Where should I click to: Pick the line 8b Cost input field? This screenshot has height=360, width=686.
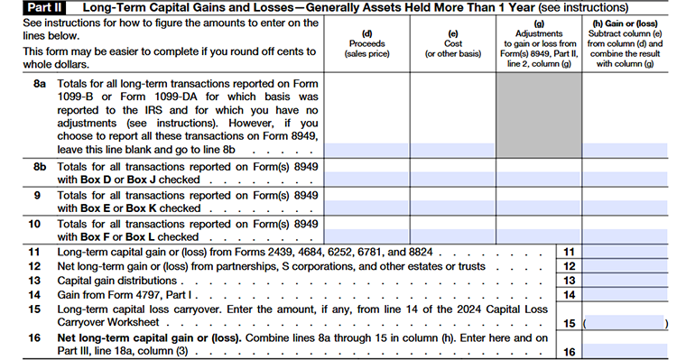point(453,180)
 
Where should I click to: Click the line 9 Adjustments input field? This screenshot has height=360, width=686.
point(539,208)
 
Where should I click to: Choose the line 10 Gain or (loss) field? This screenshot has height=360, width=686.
point(626,235)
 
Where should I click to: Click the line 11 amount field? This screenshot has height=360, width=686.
point(626,252)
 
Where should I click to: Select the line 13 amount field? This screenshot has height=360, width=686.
point(626,281)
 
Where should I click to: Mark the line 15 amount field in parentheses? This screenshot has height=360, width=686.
point(626,322)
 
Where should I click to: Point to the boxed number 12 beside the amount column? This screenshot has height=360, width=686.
point(568,266)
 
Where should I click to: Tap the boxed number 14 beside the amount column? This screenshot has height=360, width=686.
point(568,294)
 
